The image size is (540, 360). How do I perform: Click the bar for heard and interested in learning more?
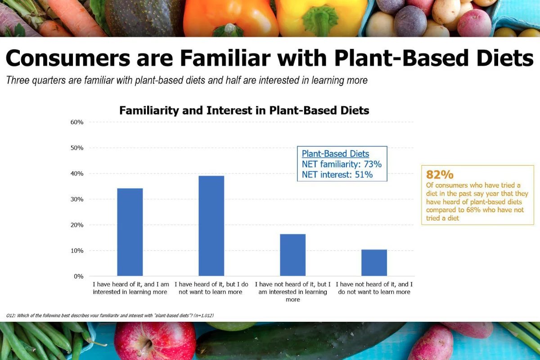coord(130,232)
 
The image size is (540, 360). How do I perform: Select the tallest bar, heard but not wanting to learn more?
coord(211,225)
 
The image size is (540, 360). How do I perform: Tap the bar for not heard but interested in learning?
coord(292,255)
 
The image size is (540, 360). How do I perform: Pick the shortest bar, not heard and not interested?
coord(374,262)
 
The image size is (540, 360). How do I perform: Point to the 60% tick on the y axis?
coord(76,122)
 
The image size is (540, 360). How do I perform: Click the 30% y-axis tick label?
coord(76,199)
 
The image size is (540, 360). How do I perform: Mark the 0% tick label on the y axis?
coord(78,276)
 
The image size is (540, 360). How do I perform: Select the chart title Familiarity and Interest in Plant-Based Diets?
coord(244,110)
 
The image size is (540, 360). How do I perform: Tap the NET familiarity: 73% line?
coord(342,164)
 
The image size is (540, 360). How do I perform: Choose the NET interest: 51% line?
coord(337,175)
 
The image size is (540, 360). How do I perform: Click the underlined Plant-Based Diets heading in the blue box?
coord(335,154)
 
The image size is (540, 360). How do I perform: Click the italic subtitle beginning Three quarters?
coord(187,81)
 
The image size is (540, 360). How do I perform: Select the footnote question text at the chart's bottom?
coord(110,315)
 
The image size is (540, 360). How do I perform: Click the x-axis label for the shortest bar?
coord(374,288)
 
